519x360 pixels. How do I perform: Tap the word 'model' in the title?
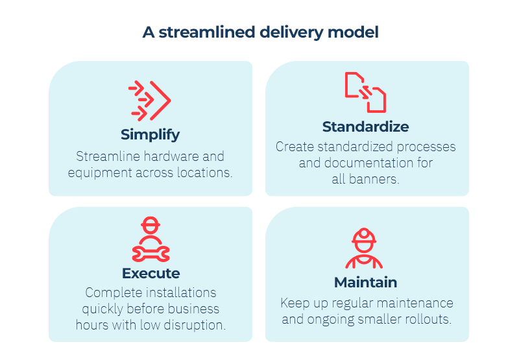pyautogui.click(x=353, y=32)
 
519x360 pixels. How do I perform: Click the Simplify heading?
pyautogui.click(x=151, y=135)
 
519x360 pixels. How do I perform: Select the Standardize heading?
pyautogui.click(x=365, y=126)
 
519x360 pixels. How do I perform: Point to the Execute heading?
pyautogui.click(x=151, y=273)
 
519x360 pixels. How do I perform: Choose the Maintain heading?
pyautogui.click(x=365, y=282)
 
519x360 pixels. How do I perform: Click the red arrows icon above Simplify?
pyautogui.click(x=150, y=101)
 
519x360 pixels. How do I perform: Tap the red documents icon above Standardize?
pyautogui.click(x=365, y=92)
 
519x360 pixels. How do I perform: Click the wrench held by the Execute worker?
pyautogui.click(x=151, y=254)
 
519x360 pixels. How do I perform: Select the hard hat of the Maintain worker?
pyautogui.click(x=364, y=237)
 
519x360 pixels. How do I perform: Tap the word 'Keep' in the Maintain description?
pyautogui.click(x=293, y=303)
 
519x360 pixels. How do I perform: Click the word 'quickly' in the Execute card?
pyautogui.click(x=103, y=309)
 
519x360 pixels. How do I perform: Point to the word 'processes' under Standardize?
pyautogui.click(x=426, y=147)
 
